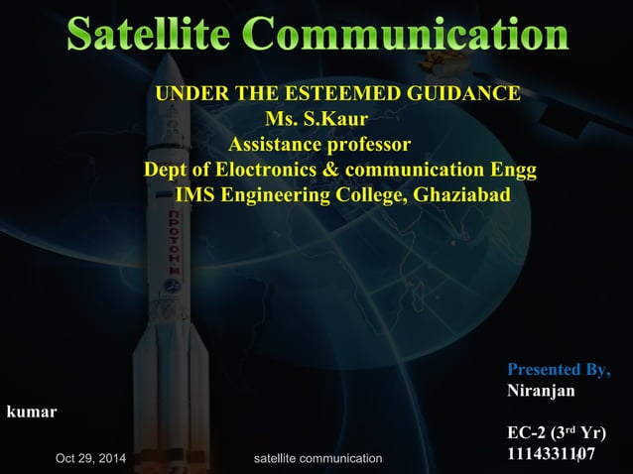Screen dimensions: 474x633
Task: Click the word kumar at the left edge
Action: click(x=32, y=411)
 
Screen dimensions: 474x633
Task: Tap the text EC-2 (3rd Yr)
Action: click(x=556, y=433)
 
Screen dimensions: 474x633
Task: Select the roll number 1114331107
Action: click(x=551, y=454)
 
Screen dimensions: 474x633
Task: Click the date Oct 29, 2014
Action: click(x=90, y=458)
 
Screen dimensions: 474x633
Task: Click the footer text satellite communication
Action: click(x=317, y=458)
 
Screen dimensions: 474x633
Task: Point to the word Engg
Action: click(x=516, y=170)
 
